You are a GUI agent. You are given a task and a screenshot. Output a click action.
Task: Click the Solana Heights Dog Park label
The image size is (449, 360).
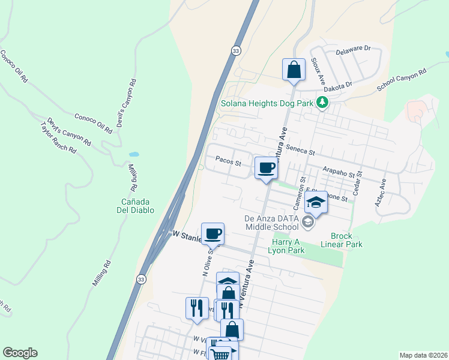pyautogui.click(x=267, y=103)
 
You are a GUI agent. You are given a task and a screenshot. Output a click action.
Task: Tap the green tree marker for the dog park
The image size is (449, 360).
pyautogui.click(x=322, y=103)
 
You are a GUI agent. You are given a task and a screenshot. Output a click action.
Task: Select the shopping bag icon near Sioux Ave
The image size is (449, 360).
pyautogui.click(x=294, y=69)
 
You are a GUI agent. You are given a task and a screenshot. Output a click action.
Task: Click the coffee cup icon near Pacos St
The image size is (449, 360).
pyautogui.click(x=266, y=167)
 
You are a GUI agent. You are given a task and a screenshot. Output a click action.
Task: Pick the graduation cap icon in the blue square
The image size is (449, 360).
pyautogui.click(x=315, y=202)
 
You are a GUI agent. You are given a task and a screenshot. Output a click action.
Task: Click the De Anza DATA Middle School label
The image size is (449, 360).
pyautogui.click(x=271, y=223)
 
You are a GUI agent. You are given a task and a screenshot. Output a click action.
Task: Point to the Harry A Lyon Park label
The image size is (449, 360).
pyautogui.click(x=285, y=247)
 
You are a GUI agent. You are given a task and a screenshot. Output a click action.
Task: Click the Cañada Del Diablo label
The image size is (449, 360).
pyautogui.click(x=135, y=206)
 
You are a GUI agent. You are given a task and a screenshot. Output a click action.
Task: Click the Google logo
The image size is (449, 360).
pyautogui.click(x=20, y=353)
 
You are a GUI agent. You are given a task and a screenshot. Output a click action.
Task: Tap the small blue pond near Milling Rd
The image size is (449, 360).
pyautogui.click(x=133, y=154)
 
